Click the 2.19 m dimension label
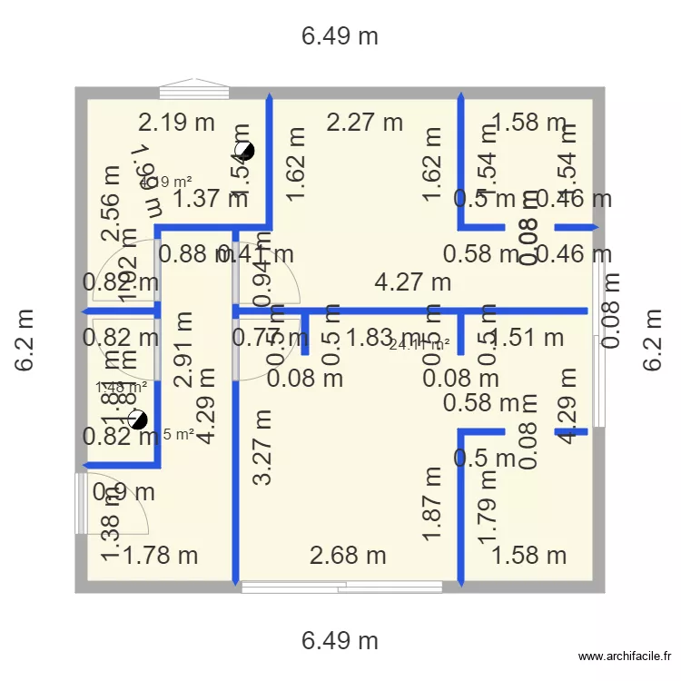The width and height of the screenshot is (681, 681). click(176, 123)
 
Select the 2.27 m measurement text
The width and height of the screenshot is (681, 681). click(364, 122)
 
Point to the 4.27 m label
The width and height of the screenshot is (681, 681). click(413, 281)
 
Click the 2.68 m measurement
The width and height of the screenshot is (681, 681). click(348, 555)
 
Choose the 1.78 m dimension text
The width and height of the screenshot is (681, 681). click(161, 555)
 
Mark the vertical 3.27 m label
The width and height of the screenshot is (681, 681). click(263, 448)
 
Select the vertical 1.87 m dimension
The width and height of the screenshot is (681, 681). click(432, 504)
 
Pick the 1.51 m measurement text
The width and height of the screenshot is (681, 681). click(528, 338)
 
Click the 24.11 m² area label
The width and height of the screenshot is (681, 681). click(419, 344)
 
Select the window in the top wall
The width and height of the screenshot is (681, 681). click(194, 90)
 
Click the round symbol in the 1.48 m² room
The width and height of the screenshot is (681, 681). click(137, 419)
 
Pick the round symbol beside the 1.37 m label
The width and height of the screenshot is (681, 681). click(244, 152)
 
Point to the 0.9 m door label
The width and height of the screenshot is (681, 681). click(123, 492)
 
